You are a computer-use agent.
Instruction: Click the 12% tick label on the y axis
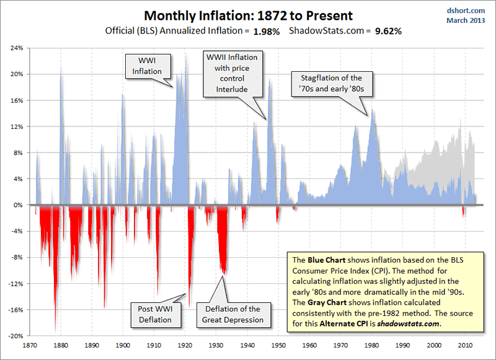click(x=17, y=126)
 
